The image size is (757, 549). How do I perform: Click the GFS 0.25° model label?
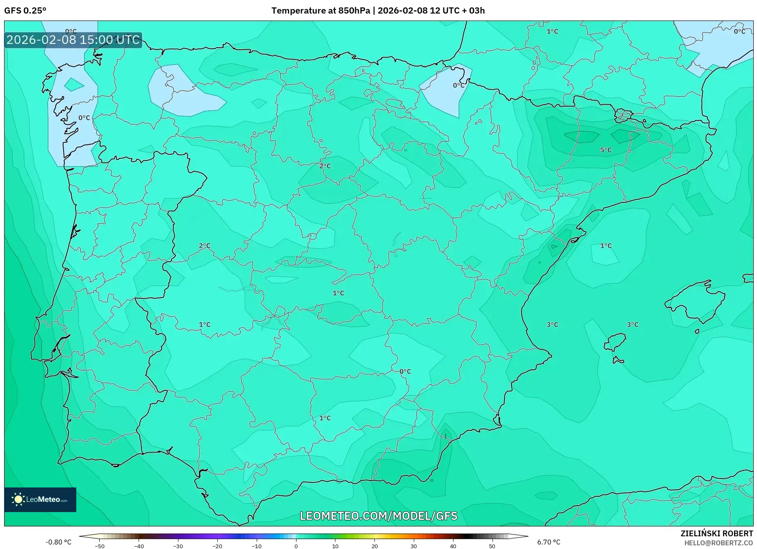[25, 11]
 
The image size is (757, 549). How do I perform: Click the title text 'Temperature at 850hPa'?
[320, 11]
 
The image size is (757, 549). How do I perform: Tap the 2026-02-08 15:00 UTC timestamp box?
[73, 40]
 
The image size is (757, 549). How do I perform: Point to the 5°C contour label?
[606, 150]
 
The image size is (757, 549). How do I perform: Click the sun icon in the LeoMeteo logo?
[18, 499]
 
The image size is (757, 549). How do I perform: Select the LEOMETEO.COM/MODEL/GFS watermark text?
[378, 516]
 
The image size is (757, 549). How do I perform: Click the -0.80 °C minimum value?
[58, 542]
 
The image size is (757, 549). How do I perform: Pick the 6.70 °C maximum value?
[549, 542]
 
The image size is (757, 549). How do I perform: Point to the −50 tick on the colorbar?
[100, 546]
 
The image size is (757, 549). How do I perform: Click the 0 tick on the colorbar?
[296, 546]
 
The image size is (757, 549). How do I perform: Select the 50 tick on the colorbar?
[492, 546]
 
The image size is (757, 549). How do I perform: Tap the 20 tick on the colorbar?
[374, 546]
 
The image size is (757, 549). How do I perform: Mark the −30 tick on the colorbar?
[178, 546]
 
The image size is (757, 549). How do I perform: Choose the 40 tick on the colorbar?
[453, 546]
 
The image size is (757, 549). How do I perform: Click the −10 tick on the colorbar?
[257, 546]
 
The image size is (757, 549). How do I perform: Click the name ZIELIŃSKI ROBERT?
[717, 533]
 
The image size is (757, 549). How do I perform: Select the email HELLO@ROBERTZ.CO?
[718, 543]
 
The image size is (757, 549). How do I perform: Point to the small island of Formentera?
[618, 361]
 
